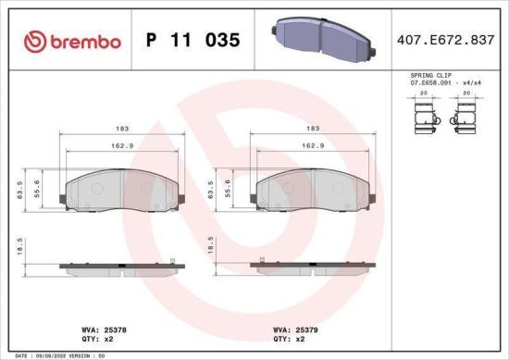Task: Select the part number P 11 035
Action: (193, 41)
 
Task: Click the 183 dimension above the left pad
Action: (122, 130)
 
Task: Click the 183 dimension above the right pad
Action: (313, 130)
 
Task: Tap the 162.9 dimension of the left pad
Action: (122, 146)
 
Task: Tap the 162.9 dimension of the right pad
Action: (313, 146)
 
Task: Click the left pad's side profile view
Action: (122, 267)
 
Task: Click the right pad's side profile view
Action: (313, 267)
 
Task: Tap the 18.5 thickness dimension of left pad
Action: (21, 249)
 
